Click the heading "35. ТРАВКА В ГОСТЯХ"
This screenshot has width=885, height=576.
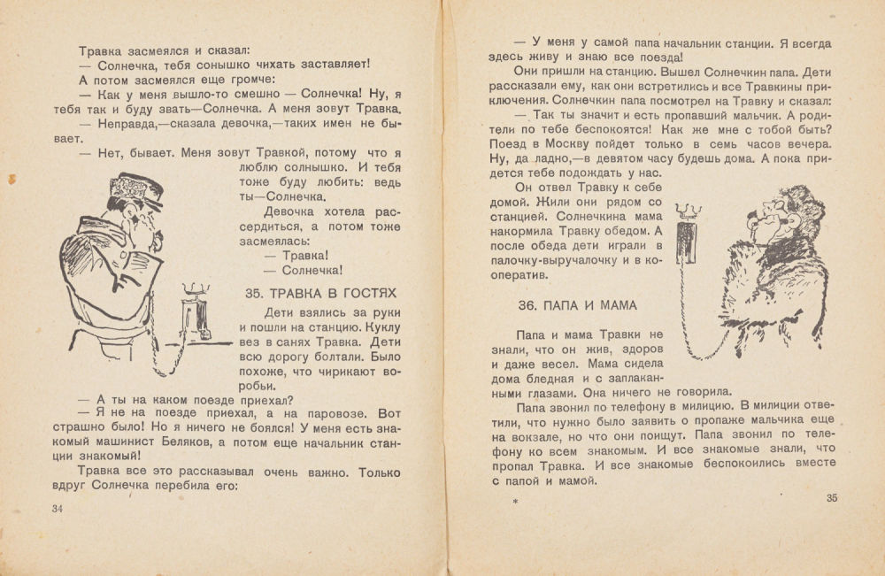click(x=319, y=293)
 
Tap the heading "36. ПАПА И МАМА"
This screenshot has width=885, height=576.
click(x=576, y=305)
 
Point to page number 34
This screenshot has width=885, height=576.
click(x=58, y=508)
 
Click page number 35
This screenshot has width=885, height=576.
click(x=830, y=497)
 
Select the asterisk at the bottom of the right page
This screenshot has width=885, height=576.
click(x=515, y=503)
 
